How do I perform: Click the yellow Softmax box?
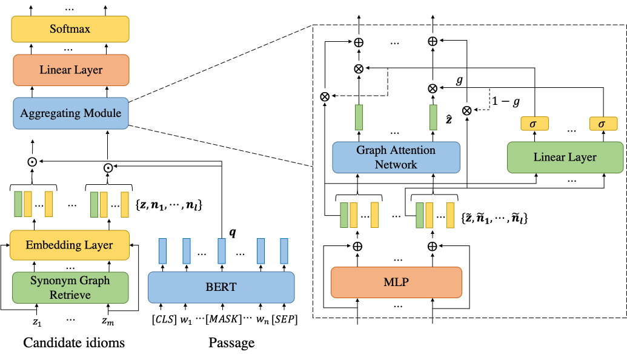pos(70,29)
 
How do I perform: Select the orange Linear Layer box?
pos(71,70)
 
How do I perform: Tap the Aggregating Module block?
pos(71,113)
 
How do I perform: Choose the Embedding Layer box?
pos(70,245)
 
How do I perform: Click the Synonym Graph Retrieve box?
pos(70,287)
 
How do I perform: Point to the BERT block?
pos(221,287)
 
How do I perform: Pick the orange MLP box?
pos(396,282)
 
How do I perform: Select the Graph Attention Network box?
pos(396,158)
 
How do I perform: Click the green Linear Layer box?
pos(565,158)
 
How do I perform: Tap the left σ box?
pos(534,124)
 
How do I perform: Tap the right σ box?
pos(603,124)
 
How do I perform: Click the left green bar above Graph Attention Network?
pos(359,117)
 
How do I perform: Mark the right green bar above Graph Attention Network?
pos(433,117)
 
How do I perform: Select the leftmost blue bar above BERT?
pos(162,251)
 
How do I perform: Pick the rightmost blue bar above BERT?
pos(284,251)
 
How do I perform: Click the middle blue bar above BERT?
pos(222,251)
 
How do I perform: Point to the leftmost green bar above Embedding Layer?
pos(18,204)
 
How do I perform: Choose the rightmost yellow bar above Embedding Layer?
pos(125,204)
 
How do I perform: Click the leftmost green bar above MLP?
pos(344,215)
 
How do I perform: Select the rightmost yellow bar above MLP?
pos(450,215)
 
